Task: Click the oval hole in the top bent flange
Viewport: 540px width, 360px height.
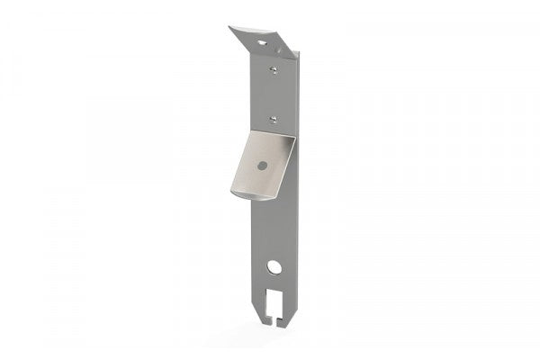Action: pyautogui.click(x=262, y=41)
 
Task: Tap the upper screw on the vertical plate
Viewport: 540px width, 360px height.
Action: pyautogui.click(x=273, y=67)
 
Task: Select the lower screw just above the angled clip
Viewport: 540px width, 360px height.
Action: pyautogui.click(x=273, y=116)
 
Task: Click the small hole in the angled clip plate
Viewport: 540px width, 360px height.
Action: pyautogui.click(x=260, y=166)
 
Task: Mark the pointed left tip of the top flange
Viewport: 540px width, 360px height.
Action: pyautogui.click(x=230, y=27)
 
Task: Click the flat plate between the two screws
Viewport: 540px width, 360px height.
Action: pyautogui.click(x=274, y=92)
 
